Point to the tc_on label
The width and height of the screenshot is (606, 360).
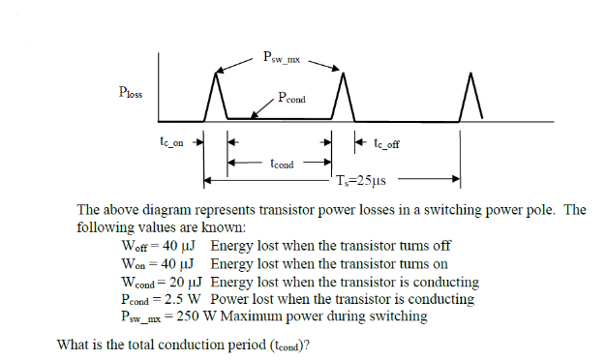tap(171, 141)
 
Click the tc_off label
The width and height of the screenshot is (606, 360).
tap(386, 143)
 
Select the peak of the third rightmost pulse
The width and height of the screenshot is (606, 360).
tap(471, 75)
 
